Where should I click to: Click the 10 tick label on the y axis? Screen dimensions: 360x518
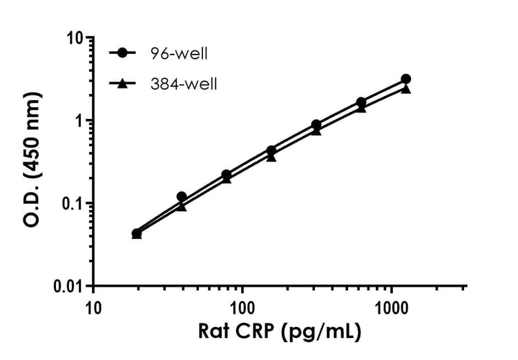pyautogui.click(x=75, y=38)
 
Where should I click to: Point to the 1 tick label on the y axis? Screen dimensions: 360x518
pyautogui.click(x=80, y=121)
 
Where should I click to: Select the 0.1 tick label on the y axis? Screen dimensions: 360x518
pyautogui.click(x=73, y=204)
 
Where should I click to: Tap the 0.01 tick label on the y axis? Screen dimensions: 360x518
pyautogui.click(x=68, y=286)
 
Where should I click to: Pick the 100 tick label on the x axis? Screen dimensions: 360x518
pyautogui.click(x=242, y=305)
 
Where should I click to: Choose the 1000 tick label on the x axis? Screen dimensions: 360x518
pyautogui.click(x=392, y=305)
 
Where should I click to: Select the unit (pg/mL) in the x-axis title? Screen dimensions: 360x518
pyautogui.click(x=322, y=332)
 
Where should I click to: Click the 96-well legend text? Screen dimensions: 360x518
pyautogui.click(x=182, y=54)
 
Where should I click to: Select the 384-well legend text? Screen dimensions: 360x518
pyautogui.click(x=186, y=84)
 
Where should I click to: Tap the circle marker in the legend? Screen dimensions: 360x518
pyautogui.click(x=122, y=54)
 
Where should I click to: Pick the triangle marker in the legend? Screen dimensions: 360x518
pyautogui.click(x=122, y=84)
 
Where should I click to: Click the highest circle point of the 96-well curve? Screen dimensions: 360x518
pyautogui.click(x=405, y=79)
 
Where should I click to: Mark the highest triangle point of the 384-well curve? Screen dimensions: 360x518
pyautogui.click(x=405, y=88)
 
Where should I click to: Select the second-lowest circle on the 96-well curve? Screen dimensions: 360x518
pyautogui.click(x=182, y=197)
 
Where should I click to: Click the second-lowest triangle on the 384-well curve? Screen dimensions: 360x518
pyautogui.click(x=182, y=206)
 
